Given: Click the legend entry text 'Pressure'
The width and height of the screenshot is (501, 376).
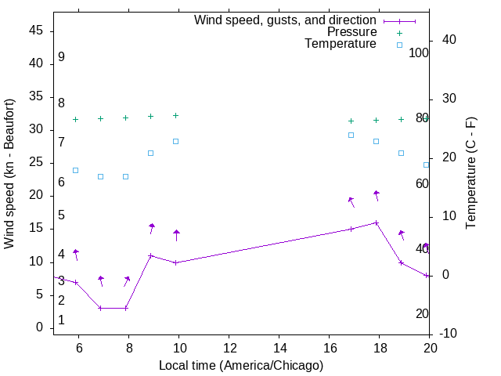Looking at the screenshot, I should point(351,32).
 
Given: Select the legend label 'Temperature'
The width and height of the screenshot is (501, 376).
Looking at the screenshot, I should point(341,45).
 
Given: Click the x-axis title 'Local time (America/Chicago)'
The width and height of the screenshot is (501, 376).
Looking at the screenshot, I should point(240,366).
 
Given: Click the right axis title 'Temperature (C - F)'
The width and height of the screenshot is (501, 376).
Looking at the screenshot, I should point(470,174).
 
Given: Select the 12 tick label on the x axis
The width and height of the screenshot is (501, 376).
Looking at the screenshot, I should point(229,348).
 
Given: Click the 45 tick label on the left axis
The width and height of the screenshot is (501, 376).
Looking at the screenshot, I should point(35,31).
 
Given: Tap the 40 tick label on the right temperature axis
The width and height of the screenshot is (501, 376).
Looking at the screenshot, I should point(449,40).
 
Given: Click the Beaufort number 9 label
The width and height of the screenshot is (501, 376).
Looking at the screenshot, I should point(61,57).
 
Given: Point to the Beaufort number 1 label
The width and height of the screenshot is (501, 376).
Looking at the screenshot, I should point(61,320).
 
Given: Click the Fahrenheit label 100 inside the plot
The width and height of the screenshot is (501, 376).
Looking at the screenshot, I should point(419,53).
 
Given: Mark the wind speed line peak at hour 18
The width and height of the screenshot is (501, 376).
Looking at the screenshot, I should point(377,222).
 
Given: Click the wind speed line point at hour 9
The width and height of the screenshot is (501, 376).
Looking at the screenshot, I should point(151,255).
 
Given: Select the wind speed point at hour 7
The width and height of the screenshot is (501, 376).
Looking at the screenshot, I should point(101,308).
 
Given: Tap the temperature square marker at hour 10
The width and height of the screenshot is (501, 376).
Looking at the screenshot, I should point(176,141).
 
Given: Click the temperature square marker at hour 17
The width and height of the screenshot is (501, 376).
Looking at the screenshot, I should point(351,135).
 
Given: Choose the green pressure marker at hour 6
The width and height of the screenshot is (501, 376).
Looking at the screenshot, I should point(76,119).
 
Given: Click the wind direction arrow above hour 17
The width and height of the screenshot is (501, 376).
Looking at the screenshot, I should point(351,201).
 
